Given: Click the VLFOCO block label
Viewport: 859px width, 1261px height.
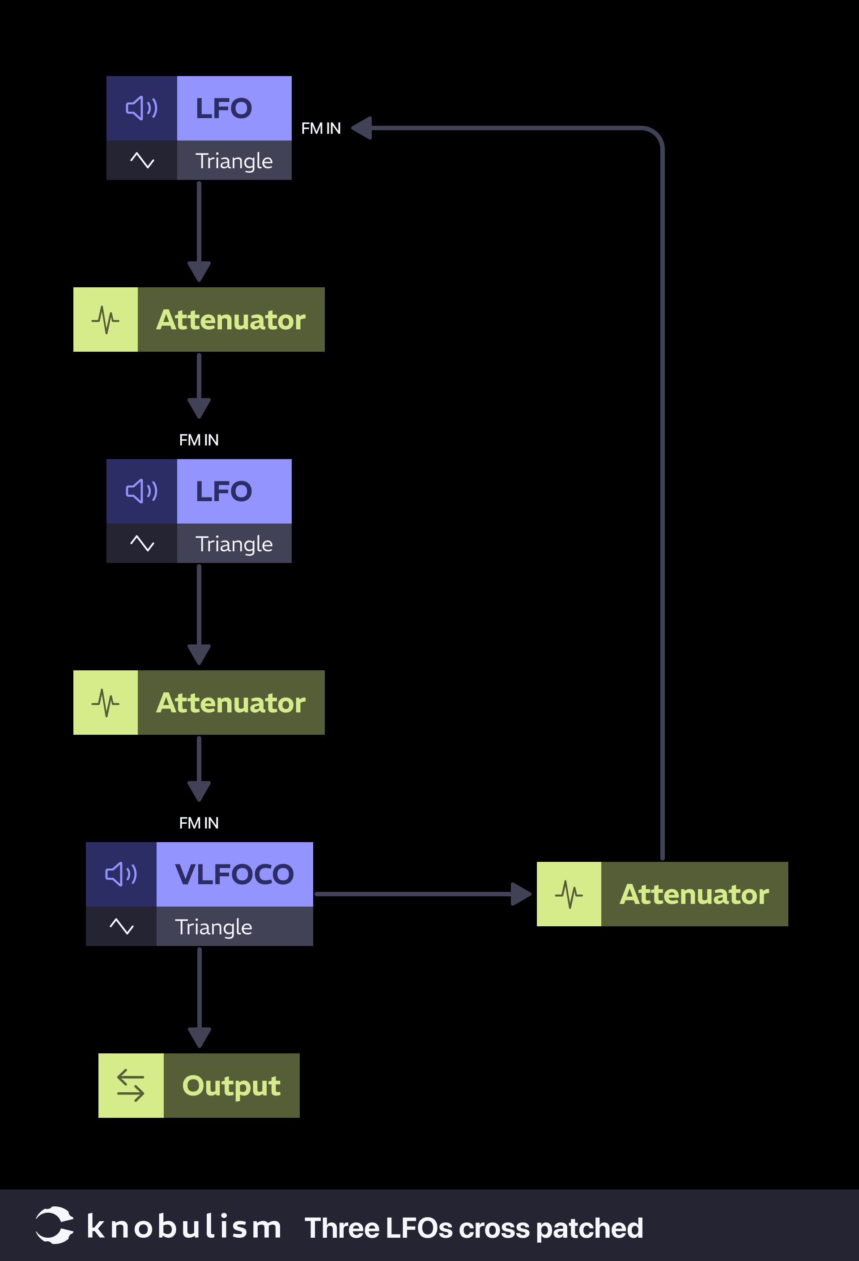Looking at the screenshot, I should (x=234, y=874).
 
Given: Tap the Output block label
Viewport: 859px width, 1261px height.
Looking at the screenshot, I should (x=231, y=1086).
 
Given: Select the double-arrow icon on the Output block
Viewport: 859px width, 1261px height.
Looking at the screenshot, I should (x=131, y=1086).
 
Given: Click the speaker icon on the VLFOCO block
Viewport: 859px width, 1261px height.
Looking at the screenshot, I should (x=121, y=874).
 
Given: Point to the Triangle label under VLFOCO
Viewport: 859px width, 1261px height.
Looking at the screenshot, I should (x=213, y=927).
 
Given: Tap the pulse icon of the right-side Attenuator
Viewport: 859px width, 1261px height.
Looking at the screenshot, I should (x=569, y=894).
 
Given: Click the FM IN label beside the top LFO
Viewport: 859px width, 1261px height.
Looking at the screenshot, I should (x=321, y=128).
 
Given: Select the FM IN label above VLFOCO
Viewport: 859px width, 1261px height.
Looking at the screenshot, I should (x=199, y=823).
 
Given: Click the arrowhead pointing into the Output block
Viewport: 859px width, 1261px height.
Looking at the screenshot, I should (x=199, y=1037).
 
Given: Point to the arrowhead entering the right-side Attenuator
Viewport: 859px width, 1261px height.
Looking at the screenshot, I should (x=521, y=894).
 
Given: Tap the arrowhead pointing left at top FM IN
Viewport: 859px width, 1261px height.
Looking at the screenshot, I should (x=362, y=128).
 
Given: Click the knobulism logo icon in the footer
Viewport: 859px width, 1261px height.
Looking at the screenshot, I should (x=54, y=1225).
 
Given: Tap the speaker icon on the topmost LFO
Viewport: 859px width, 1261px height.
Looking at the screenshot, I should (x=142, y=108).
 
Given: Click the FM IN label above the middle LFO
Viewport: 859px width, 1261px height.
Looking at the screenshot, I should (x=199, y=440).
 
